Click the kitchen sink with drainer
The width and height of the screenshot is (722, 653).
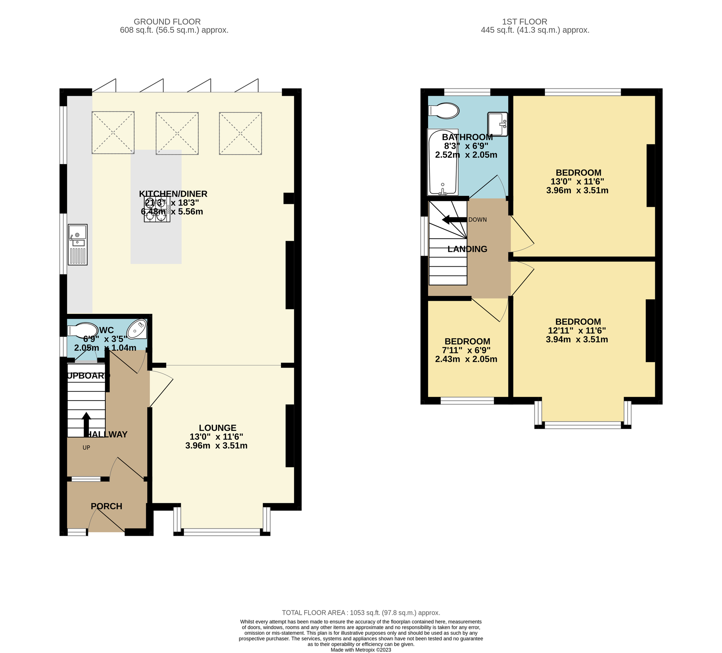pos(78,244)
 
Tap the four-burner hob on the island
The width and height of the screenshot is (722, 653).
pos(157,209)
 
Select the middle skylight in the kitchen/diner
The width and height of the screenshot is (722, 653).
pos(177,133)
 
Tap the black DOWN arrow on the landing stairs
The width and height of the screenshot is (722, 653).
pos(454,219)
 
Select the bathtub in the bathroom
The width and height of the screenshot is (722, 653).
pos(442,162)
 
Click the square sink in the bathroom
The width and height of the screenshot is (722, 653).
pos(497,124)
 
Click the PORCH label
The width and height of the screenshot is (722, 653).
pos(106,506)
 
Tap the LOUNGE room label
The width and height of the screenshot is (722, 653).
pos(217,428)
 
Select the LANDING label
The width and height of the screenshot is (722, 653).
pos(467,249)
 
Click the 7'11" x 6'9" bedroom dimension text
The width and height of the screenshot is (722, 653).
pos(466,350)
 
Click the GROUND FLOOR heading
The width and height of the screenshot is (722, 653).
pos(167,22)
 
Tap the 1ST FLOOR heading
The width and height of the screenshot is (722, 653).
pos(525,22)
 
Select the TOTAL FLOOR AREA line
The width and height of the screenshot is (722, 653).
pos(361,613)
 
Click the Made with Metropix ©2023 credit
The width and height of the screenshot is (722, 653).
pos(361,650)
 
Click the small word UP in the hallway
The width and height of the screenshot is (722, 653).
pos(86,448)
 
